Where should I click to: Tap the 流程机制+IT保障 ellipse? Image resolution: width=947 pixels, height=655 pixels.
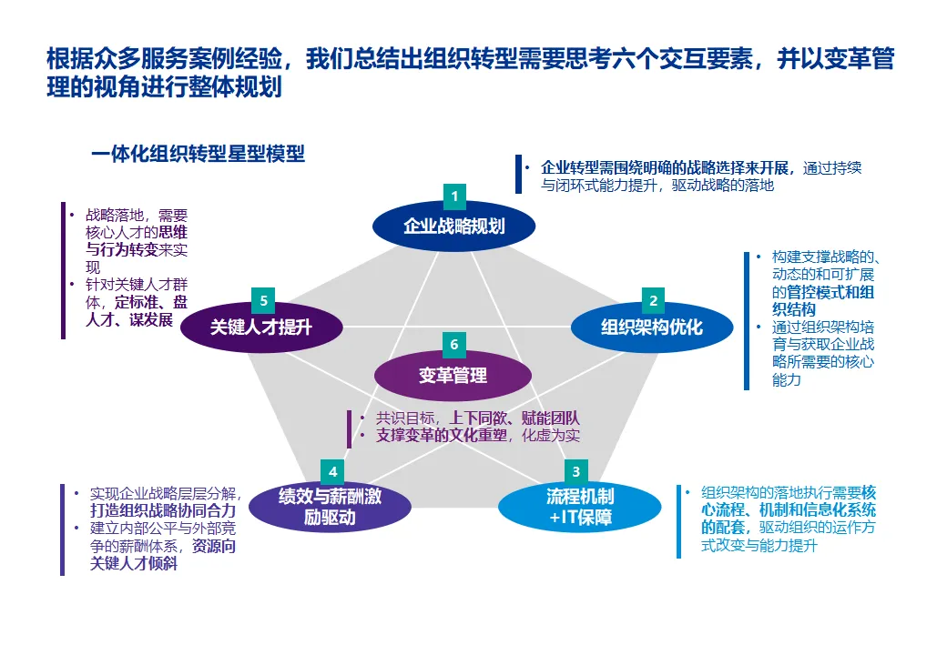tap(580, 508)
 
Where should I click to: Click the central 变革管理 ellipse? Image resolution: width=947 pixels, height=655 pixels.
tap(453, 375)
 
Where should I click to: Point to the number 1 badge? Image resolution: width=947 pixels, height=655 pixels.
tap(454, 195)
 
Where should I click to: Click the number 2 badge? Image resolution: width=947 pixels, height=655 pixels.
tap(653, 299)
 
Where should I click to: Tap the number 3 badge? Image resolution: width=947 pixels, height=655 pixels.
tap(575, 471)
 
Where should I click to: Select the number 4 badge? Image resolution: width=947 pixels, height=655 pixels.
tap(333, 471)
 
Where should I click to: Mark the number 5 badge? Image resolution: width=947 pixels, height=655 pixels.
tap(263, 299)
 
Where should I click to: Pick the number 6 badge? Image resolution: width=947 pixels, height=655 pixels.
tap(454, 345)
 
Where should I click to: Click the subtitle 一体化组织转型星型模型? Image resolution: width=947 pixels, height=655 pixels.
tap(198, 154)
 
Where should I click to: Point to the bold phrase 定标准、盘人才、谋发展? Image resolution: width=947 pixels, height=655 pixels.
tap(137, 311)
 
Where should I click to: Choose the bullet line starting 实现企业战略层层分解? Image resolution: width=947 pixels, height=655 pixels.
tap(164, 493)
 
